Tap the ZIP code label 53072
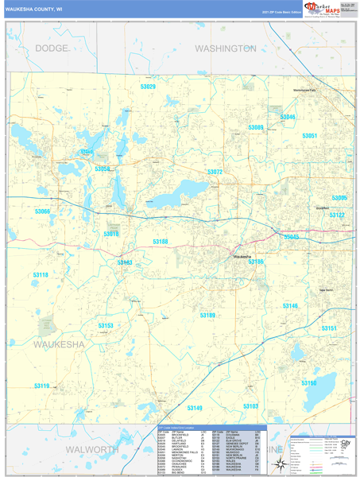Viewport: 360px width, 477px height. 215,172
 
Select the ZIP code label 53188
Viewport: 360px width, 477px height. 161,241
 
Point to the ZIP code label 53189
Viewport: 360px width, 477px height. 207,316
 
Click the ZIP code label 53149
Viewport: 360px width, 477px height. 195,408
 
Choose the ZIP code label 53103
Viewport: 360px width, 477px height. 250,406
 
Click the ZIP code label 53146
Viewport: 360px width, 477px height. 289,306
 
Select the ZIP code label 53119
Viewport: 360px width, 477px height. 41,386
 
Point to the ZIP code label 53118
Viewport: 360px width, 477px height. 41,274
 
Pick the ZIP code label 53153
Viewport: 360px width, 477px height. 106,326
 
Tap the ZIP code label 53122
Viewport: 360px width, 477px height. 337,215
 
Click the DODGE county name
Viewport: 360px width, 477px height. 52,48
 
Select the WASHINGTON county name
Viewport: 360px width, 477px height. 225,48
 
